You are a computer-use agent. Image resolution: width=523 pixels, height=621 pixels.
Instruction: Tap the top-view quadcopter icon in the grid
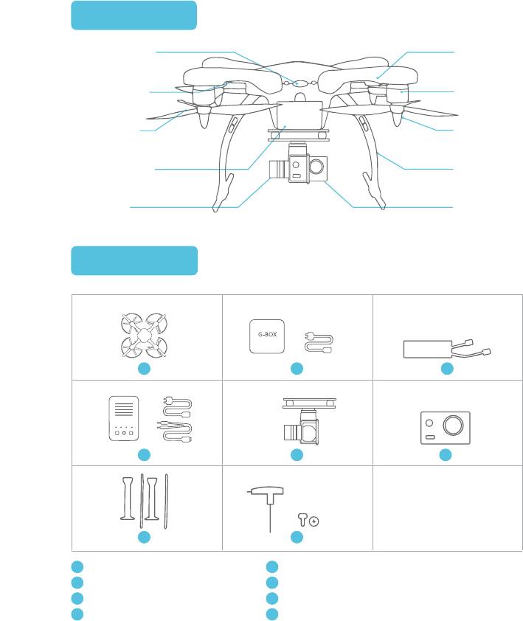pyautogui.click(x=145, y=336)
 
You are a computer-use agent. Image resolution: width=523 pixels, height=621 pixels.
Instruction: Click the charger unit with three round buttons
pyautogui.click(x=123, y=420)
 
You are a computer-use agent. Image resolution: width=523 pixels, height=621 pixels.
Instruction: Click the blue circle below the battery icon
pyautogui.click(x=446, y=368)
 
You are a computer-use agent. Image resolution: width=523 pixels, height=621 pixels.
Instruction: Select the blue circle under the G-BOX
pyautogui.click(x=297, y=368)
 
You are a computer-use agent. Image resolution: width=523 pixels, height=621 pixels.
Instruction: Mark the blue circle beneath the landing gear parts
pyautogui.click(x=145, y=537)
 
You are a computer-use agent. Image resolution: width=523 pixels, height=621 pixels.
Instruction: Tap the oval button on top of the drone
pyautogui.click(x=299, y=83)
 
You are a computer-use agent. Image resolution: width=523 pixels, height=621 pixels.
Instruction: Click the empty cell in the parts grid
pyautogui.click(x=447, y=507)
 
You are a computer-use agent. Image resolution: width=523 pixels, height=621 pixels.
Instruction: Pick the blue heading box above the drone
pyautogui.click(x=134, y=15)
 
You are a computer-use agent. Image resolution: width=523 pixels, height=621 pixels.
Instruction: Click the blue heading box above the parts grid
pyautogui.click(x=134, y=260)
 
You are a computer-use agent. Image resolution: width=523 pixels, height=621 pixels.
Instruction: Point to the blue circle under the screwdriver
pyautogui.click(x=297, y=537)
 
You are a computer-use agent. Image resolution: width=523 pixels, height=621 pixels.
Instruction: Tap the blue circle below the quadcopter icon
pyautogui.click(x=145, y=368)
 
